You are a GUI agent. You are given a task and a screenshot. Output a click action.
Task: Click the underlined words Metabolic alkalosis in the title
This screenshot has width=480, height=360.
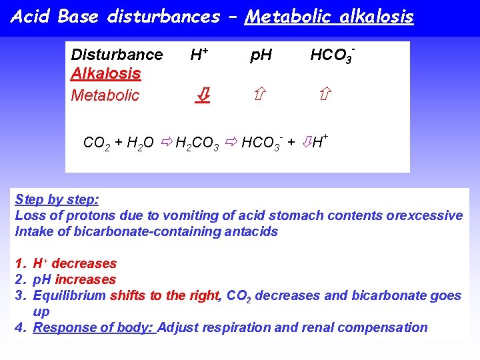coord(329,17)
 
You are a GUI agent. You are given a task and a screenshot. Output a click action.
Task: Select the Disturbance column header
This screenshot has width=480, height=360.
coord(117,55)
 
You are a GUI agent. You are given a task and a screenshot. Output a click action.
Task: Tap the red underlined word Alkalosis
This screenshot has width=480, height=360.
coord(106,74)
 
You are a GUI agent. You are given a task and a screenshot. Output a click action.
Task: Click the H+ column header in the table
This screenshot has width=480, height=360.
coord(198,55)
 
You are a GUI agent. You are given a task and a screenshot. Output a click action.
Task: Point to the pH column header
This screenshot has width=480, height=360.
coord(261,55)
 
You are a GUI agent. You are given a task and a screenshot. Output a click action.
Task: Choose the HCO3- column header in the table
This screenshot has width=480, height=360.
coord(331,55)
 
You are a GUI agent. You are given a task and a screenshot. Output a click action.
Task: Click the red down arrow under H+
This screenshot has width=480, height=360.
coord(202,95)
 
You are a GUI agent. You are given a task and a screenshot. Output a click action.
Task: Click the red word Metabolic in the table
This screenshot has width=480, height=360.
coord(105,95)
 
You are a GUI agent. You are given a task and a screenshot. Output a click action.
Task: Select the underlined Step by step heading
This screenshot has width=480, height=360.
coord(57,199)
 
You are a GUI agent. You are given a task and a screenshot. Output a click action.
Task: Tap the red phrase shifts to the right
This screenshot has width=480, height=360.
coord(165,295)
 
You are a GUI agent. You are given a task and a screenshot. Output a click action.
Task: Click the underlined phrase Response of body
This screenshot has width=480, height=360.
coord(93,327)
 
